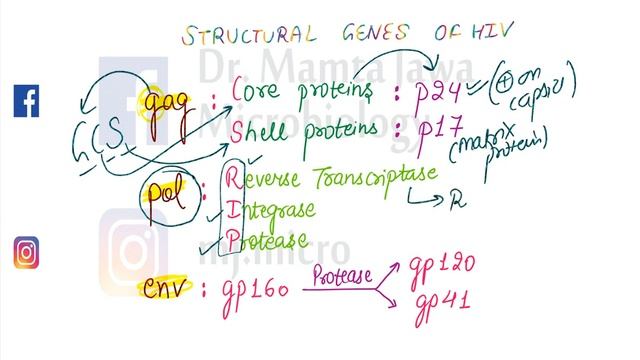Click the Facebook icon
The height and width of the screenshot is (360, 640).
coord(26,100)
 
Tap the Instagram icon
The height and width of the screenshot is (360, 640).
coord(26,252)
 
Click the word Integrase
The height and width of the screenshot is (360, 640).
coord(270,210)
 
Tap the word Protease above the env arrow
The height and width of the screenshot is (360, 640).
coord(339,276)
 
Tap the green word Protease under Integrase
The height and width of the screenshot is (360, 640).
coord(266,240)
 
